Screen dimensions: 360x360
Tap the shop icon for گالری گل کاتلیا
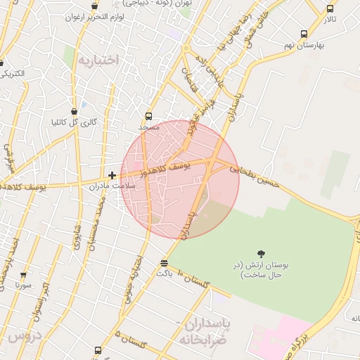(x=75, y=111)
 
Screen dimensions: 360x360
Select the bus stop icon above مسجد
(x=148, y=117)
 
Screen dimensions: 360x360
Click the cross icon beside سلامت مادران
(x=112, y=175)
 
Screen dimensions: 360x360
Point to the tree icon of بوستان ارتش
(x=262, y=254)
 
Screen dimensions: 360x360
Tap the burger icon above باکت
(x=164, y=263)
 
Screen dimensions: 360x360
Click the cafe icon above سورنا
(x=24, y=276)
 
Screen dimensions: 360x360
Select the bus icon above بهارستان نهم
(x=304, y=34)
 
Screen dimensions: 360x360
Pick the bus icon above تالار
(x=330, y=9)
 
